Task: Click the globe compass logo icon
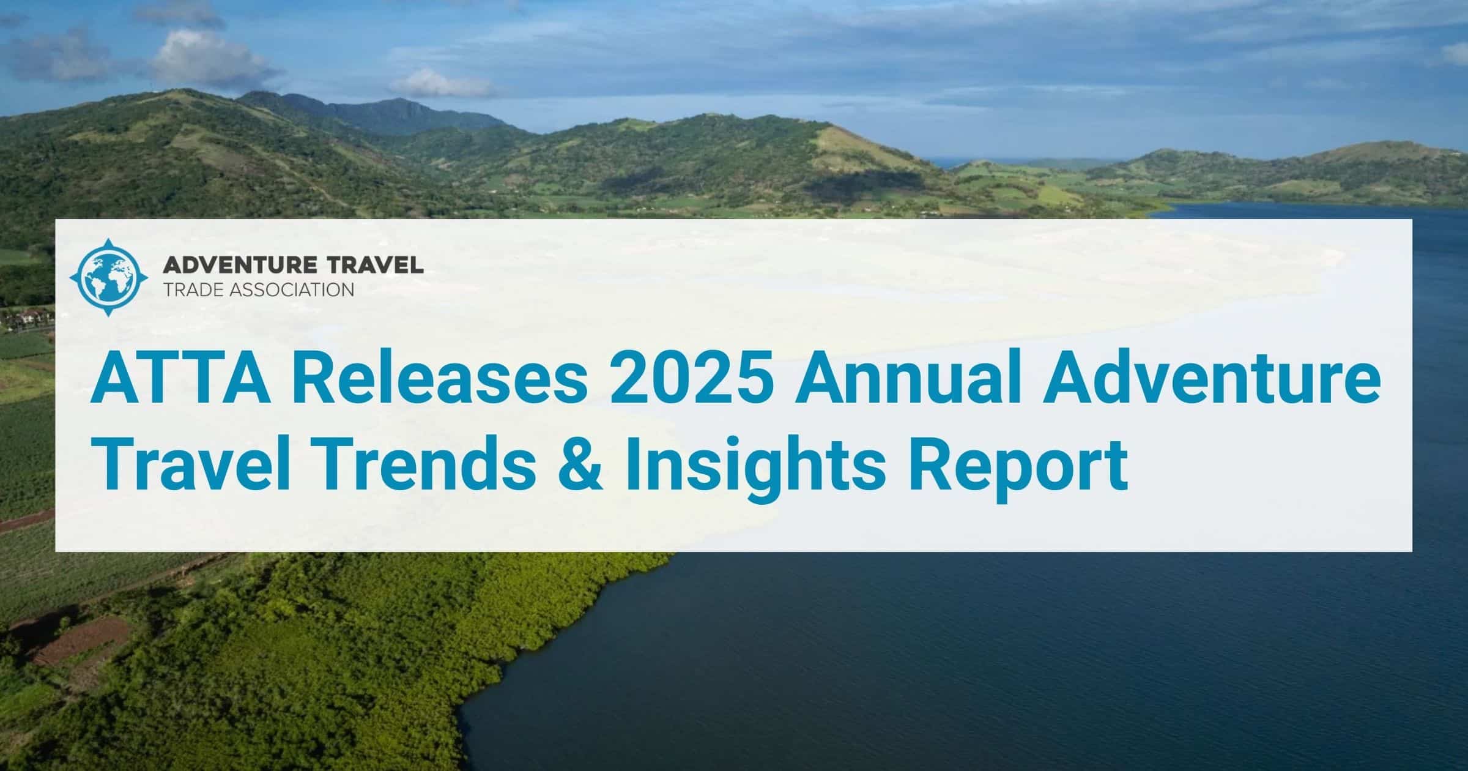click(109, 278)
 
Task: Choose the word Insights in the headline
click(752, 470)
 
